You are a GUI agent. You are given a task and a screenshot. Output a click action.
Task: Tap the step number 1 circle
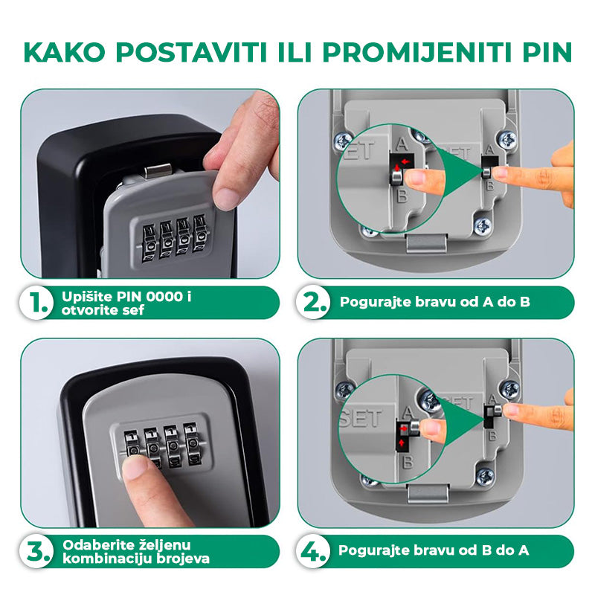point(36,303)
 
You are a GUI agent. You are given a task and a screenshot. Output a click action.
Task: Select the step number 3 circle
point(36,551)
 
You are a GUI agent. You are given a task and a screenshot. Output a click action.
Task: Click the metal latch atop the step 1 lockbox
point(158,171)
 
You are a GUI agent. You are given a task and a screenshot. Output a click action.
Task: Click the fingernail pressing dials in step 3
point(135,467)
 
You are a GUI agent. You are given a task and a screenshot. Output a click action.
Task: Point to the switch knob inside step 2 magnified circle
point(396,177)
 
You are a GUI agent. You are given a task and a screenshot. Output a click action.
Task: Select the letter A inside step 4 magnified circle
point(408,412)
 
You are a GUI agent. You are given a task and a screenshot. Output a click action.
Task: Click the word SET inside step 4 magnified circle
point(361,419)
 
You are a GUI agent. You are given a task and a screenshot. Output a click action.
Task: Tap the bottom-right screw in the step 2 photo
point(483,227)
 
